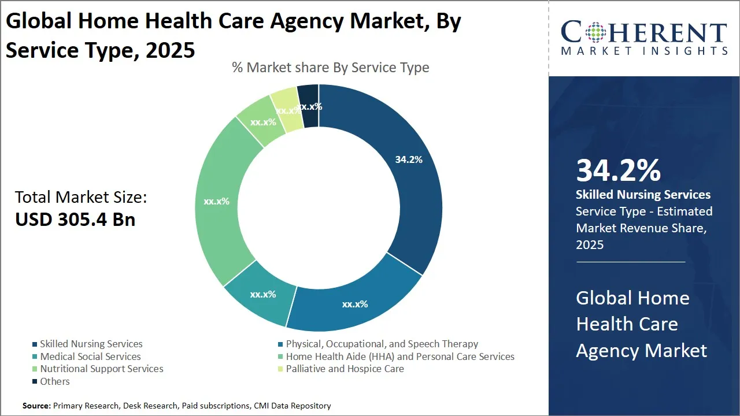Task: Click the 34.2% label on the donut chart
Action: [x=409, y=159]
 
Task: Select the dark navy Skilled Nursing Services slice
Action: [x=405, y=191]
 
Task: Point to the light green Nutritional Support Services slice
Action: [x=261, y=122]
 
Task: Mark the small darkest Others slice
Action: [x=309, y=104]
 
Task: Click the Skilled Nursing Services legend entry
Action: [x=91, y=344]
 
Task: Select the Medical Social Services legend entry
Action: [x=90, y=356]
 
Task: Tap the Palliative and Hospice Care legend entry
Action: [x=345, y=369]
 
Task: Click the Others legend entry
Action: [x=55, y=381]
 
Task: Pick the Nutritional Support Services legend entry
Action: [x=101, y=369]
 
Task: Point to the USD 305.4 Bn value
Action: [x=75, y=220]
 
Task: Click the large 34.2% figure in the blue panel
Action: [x=619, y=170]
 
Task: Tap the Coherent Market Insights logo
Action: [x=643, y=38]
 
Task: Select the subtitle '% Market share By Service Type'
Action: [x=330, y=68]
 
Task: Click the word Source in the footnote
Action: [x=36, y=406]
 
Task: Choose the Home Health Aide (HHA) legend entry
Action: [x=400, y=356]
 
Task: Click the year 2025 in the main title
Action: [x=171, y=50]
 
